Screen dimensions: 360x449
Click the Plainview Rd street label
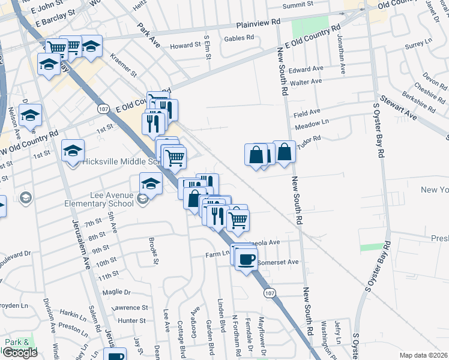point(259,23)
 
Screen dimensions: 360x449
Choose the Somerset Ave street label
point(278,262)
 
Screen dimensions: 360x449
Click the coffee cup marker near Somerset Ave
point(246,259)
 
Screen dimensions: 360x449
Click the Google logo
point(19,352)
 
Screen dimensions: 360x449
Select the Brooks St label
point(154,250)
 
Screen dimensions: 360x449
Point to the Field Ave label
point(307,112)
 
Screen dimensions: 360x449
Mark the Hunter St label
point(131,321)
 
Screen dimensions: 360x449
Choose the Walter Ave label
point(306,82)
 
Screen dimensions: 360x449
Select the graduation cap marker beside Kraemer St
point(91,46)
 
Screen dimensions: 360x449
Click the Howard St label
point(184,46)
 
